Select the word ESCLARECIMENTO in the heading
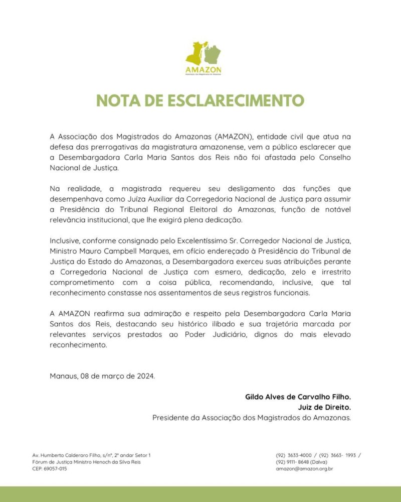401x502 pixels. [x=240, y=100]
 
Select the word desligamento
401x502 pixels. [x=227, y=189]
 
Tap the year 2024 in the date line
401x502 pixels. [x=145, y=376]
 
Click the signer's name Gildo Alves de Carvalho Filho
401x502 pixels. [x=298, y=397]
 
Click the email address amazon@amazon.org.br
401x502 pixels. [x=304, y=468]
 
